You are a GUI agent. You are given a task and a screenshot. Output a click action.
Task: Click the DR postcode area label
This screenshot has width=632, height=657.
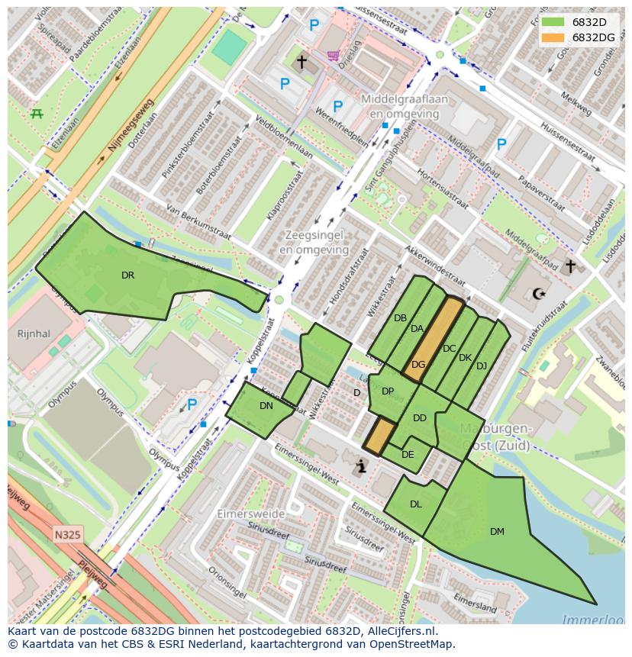127,275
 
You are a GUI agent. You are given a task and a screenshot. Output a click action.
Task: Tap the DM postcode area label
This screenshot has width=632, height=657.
497,532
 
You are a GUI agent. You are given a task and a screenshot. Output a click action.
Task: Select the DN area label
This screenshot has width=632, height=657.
266,406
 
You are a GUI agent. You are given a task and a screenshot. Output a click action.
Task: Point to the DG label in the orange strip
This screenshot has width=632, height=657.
418,365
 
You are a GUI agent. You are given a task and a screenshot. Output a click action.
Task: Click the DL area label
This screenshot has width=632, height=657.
415,504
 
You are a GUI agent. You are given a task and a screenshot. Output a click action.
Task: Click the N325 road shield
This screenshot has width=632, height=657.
68,535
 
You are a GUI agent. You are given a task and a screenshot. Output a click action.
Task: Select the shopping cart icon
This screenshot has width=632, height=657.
333,56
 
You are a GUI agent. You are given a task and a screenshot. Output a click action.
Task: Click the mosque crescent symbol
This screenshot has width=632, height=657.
539,293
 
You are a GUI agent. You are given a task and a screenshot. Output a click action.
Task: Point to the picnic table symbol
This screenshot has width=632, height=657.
36,114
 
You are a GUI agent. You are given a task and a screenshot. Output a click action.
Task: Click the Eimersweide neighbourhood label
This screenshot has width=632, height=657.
250,514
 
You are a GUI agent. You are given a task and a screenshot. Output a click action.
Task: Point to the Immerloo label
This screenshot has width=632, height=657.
592,620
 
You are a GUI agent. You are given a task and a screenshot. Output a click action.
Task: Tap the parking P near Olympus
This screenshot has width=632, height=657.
192,404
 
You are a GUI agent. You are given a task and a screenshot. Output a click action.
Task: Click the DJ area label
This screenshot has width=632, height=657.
481,366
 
